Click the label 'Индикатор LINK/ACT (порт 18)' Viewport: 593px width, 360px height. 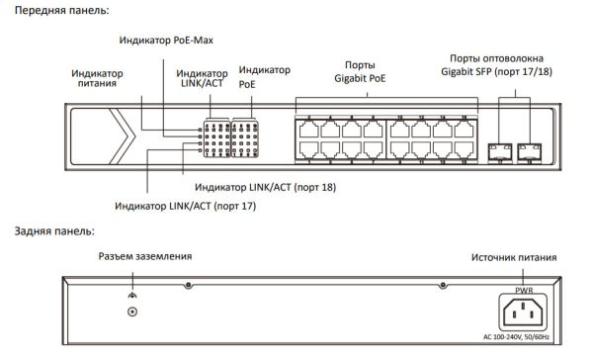265,186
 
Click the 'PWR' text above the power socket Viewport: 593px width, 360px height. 524,291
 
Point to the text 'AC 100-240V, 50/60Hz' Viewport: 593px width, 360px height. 524,339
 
